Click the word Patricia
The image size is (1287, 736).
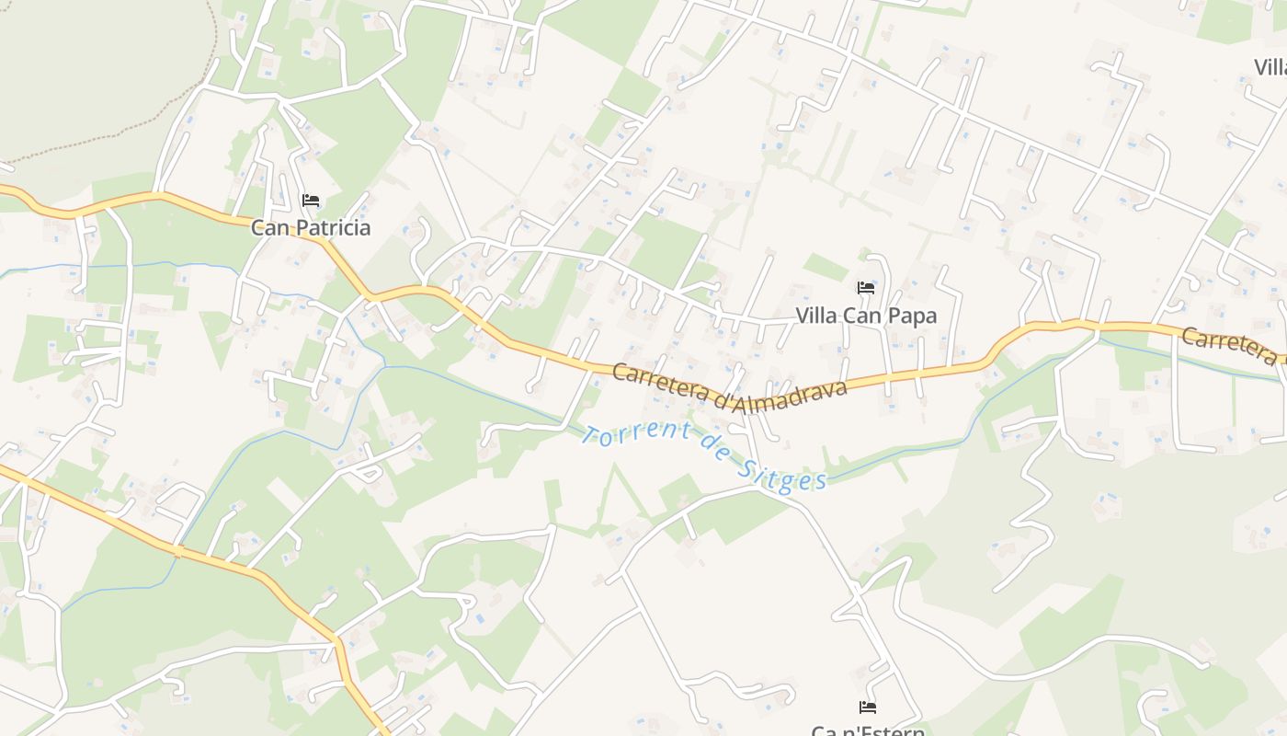click(329, 227)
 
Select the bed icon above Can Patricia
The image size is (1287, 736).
click(311, 201)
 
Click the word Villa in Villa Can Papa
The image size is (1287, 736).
click(815, 316)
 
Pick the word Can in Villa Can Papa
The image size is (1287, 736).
click(864, 316)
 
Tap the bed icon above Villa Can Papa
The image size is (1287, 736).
click(866, 288)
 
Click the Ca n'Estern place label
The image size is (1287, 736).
click(868, 730)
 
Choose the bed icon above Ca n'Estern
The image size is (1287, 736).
click(867, 707)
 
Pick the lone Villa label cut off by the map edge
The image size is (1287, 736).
click(1270, 67)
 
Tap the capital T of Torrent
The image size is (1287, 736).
click(590, 431)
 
